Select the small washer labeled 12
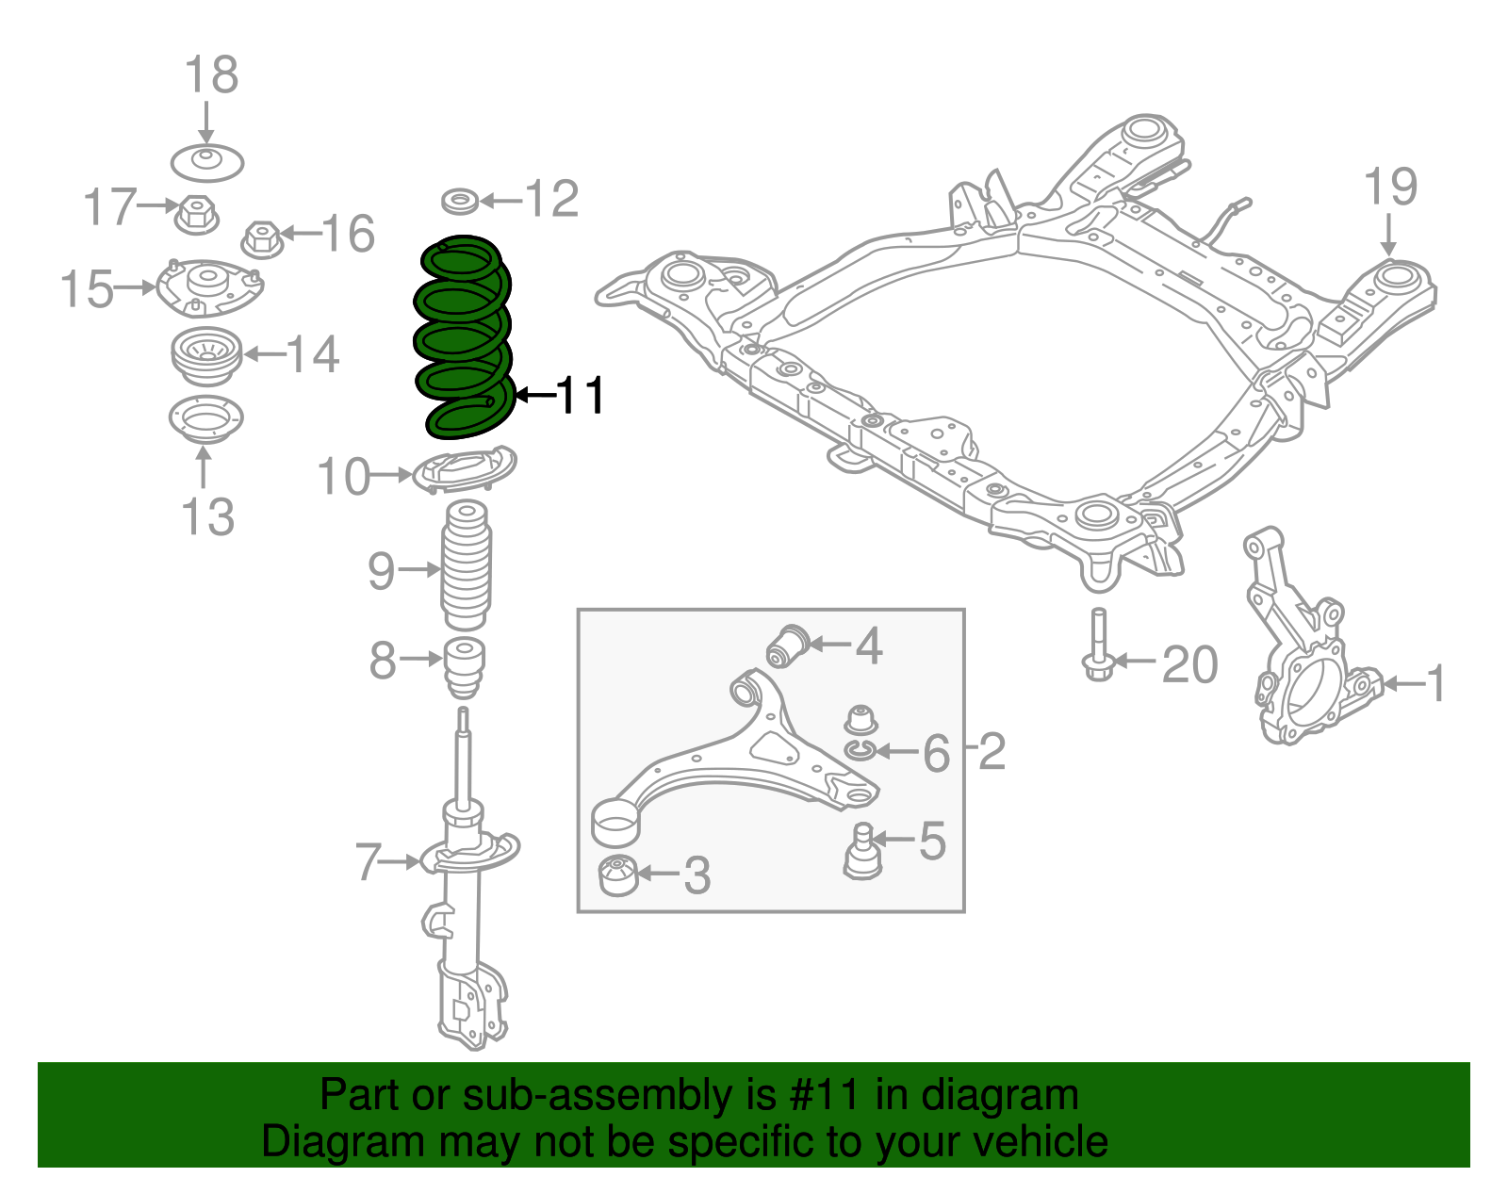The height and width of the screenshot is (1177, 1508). [x=460, y=201]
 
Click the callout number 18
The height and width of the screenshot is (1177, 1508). [x=211, y=75]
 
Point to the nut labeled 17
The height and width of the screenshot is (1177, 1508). [x=197, y=216]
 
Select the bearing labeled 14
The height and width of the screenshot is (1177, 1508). [x=203, y=356]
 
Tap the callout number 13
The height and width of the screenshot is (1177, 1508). [x=207, y=517]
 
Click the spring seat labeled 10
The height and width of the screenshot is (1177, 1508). [x=465, y=470]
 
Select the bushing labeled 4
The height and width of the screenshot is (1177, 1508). [x=787, y=646]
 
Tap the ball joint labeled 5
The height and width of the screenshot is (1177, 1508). [x=861, y=852]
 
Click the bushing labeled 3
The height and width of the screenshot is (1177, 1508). [x=618, y=875]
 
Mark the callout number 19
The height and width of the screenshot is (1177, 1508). [x=1390, y=187]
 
